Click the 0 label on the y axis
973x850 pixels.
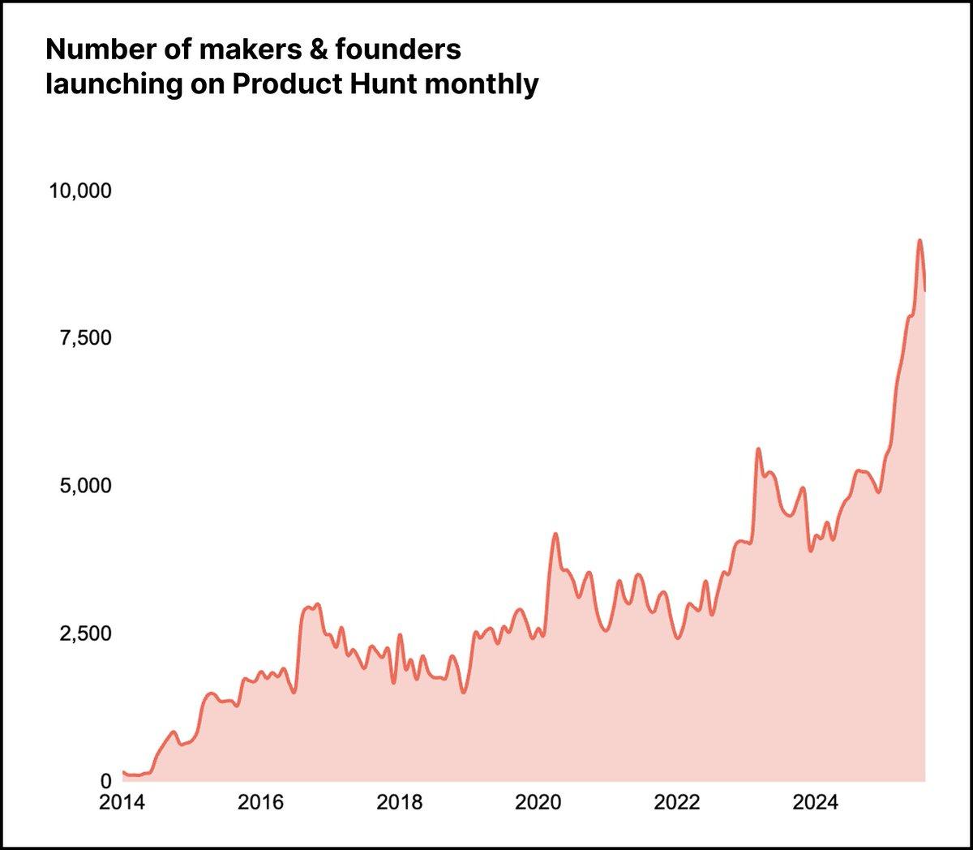105,781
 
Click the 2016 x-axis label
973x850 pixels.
261,803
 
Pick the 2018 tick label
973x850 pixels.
400,803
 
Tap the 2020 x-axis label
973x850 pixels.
538,803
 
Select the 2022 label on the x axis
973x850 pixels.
677,803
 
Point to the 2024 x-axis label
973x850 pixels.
815,803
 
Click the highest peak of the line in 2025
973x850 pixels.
919,240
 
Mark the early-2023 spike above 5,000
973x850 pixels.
758,449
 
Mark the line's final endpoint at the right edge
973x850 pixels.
925,290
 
